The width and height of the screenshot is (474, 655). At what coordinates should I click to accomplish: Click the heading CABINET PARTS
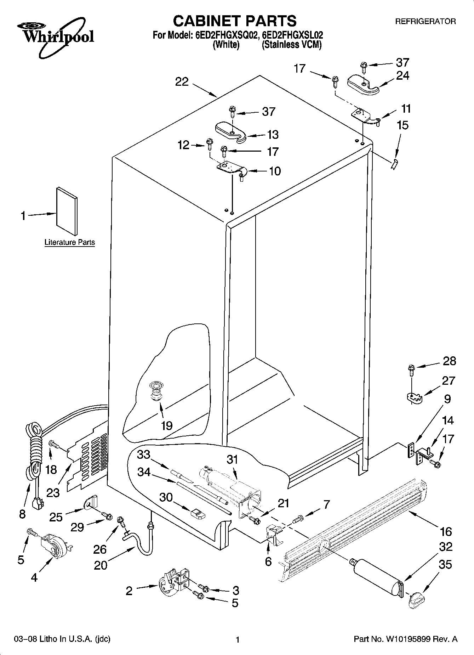pos(235,21)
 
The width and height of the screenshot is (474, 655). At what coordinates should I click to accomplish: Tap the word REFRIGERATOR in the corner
pos(425,22)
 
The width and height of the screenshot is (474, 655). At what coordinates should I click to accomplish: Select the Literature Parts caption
pos(70,243)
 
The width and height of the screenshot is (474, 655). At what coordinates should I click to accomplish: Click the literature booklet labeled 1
pos(67,211)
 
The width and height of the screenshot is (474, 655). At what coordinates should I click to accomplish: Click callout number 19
pos(166,425)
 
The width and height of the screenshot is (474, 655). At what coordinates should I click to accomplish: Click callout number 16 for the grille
pos(446,531)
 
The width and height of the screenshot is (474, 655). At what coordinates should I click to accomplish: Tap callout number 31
pos(232,460)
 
